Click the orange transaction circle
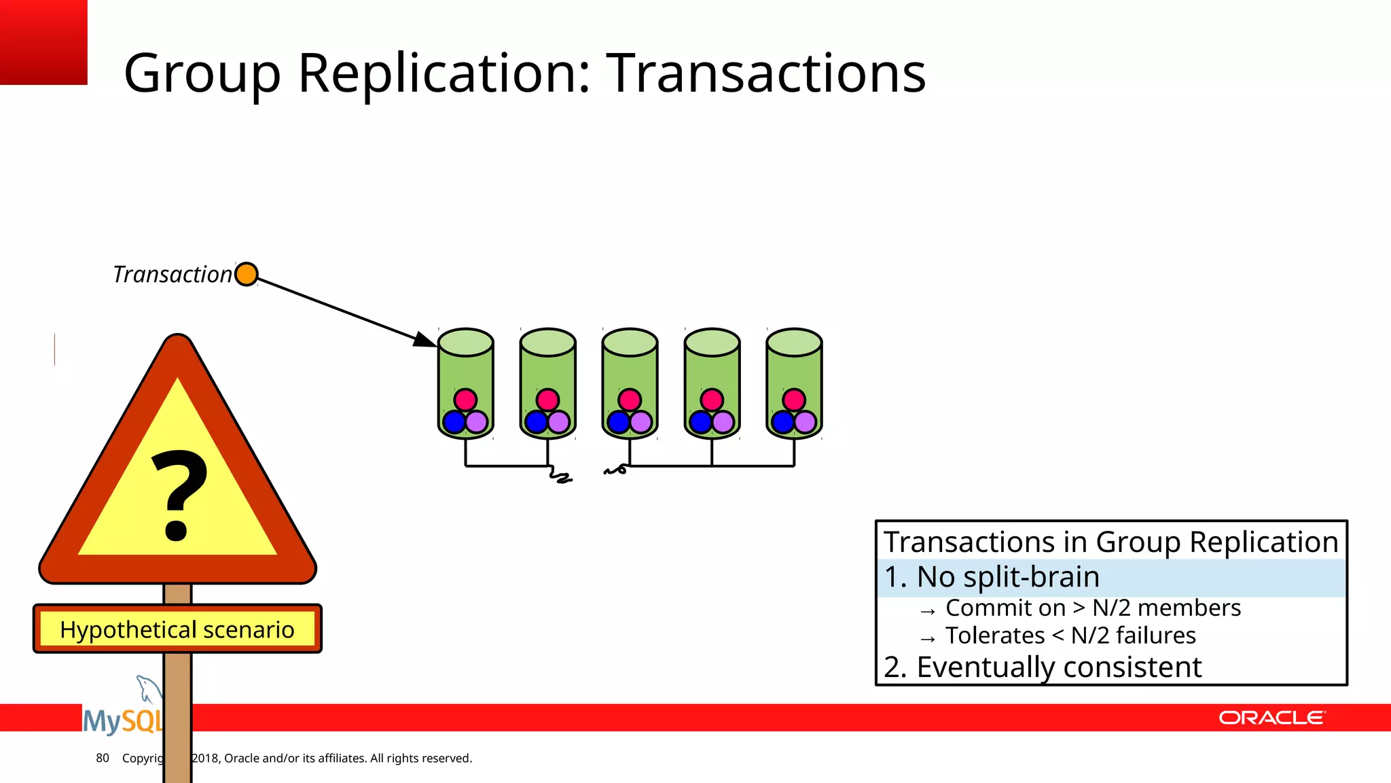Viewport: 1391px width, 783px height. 246,275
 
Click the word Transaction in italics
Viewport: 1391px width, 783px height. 173,275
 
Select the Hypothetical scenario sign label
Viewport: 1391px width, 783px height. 177,629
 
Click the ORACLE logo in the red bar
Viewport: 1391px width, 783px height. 1271,718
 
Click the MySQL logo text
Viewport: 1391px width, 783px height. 122,720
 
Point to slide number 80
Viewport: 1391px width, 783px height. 103,758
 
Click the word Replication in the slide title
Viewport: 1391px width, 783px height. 444,73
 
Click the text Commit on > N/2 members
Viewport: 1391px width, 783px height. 1092,608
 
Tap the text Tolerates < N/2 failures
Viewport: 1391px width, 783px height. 1070,636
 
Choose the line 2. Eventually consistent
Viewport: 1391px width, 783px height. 1043,667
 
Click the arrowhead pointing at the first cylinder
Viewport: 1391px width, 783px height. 426,339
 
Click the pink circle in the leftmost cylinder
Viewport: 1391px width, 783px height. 465,400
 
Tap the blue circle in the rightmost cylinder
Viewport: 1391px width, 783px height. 782,422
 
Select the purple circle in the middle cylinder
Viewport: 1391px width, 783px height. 641,422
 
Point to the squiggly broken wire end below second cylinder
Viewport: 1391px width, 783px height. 560,476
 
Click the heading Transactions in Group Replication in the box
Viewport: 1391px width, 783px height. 1110,542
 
